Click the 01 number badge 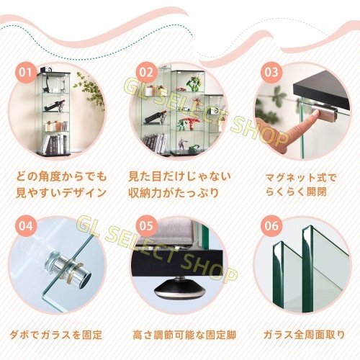tap(25, 72)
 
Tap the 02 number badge tap(146, 72)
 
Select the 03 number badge tap(271, 72)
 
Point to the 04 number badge tap(25, 226)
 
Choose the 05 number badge tap(146, 226)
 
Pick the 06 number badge tap(271, 226)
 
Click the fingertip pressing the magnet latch tap(314, 114)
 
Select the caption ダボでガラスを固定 tap(56, 335)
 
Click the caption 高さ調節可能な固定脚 tap(184, 335)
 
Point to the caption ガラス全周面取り tap(304, 335)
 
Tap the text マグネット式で tap(301, 178)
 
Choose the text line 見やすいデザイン tap(61, 193)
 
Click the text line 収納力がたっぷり tap(174, 193)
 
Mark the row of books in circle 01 tap(55, 144)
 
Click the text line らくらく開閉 tap(296, 192)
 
